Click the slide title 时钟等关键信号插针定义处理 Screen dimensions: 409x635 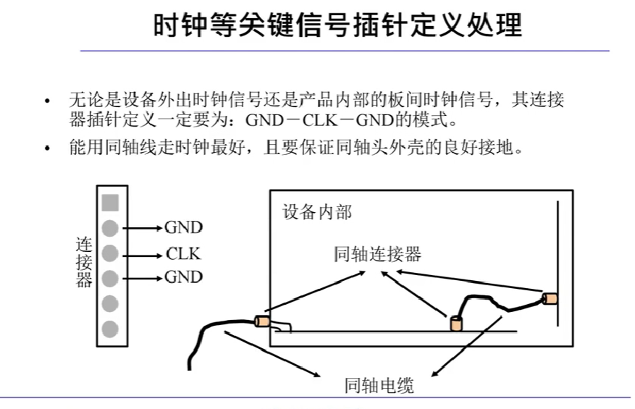[338, 26]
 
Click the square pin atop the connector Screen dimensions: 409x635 [110, 203]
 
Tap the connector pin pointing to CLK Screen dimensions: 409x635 [110, 253]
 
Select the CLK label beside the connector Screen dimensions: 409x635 [182, 254]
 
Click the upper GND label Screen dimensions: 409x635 [184, 229]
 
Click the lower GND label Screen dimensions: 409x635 [184, 277]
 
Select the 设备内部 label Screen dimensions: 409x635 [317, 212]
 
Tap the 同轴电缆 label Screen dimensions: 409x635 [379, 385]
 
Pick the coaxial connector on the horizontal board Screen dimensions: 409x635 [456, 324]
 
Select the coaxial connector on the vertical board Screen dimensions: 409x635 [550, 298]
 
